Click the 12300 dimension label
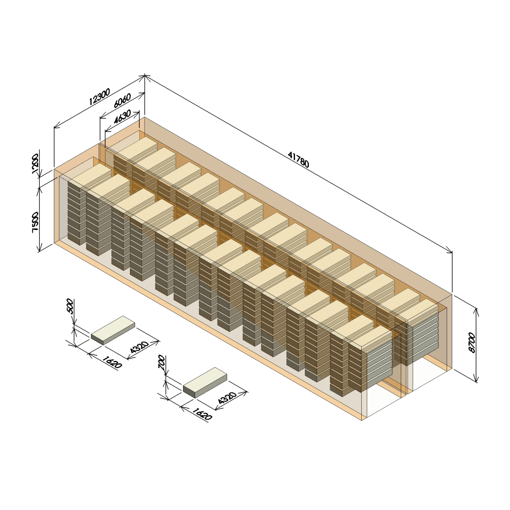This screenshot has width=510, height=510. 99,97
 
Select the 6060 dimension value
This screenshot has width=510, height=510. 122,101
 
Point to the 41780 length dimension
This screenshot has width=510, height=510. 298,160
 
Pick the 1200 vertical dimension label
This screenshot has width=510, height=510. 35,164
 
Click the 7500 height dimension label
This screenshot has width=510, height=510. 35,222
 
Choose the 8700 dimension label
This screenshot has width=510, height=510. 472,343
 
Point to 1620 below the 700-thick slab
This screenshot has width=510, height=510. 202,414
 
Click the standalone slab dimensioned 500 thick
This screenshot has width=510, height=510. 113,330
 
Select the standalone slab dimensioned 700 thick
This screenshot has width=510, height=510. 205,382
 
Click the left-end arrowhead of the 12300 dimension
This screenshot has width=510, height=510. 56,126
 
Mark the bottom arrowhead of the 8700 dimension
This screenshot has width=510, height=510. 476,379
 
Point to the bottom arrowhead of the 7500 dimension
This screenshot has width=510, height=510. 40,248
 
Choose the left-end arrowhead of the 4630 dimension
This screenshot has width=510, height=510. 107,130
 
